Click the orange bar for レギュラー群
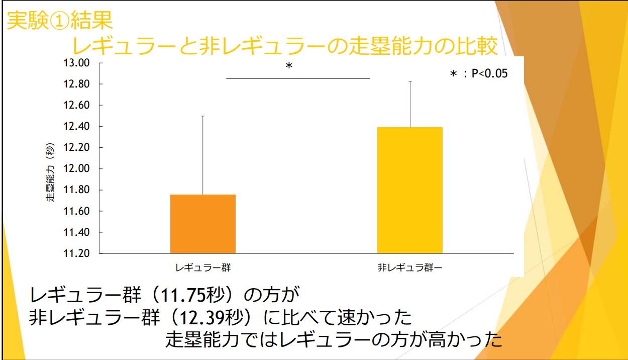[203, 224]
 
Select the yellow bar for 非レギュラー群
[410, 190]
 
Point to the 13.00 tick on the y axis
[76, 63]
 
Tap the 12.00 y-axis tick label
[76, 169]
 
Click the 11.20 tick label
[76, 253]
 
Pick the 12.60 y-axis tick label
[76, 106]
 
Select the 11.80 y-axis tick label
[76, 190]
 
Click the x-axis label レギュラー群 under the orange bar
[203, 267]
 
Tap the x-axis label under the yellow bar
[410, 267]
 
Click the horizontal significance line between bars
[297, 78]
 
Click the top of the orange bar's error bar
[203, 116]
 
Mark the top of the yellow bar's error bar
[410, 81]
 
